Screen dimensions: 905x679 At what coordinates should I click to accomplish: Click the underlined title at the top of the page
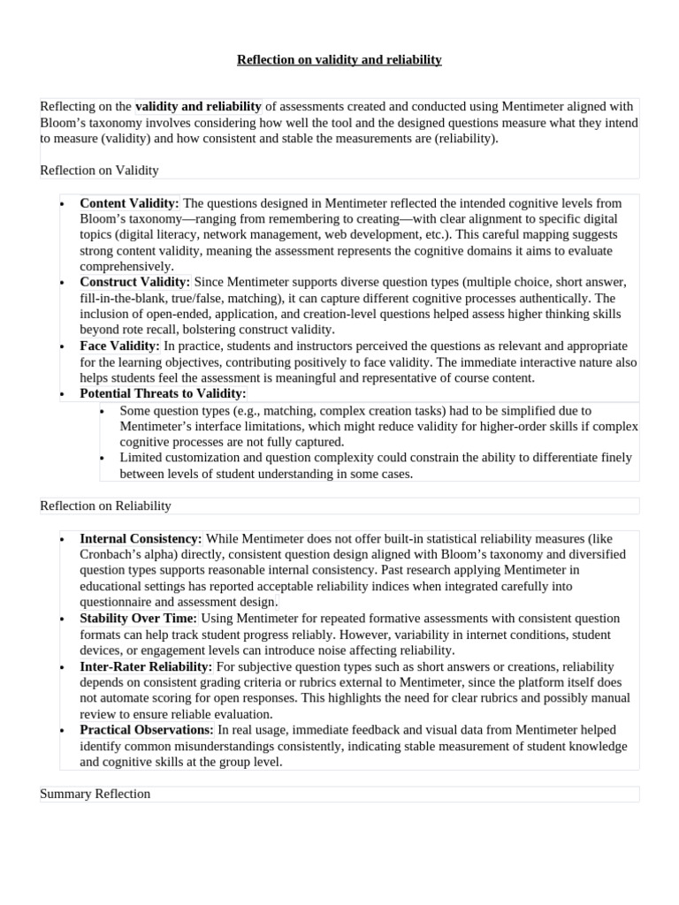click(339, 60)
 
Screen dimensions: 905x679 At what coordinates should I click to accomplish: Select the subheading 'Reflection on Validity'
click(99, 170)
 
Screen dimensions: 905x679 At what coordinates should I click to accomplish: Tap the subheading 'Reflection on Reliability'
click(105, 506)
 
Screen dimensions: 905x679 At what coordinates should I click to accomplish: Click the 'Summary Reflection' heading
click(95, 794)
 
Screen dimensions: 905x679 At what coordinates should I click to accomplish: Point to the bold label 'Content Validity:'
click(129, 202)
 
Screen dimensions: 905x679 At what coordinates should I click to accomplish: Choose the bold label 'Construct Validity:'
click(134, 282)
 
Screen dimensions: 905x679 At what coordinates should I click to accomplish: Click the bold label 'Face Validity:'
click(119, 346)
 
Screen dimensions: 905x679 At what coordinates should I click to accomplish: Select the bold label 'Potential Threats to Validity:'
click(163, 393)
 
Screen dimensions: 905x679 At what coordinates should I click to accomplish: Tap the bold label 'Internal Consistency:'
click(141, 538)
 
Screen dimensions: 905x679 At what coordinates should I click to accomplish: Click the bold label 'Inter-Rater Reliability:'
click(146, 666)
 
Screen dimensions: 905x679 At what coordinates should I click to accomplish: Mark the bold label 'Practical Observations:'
click(147, 730)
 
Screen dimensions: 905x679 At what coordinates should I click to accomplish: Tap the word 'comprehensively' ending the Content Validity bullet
click(126, 266)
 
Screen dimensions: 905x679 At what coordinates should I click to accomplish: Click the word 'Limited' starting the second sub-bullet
click(141, 458)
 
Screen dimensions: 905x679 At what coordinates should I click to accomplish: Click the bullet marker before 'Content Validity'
click(62, 204)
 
